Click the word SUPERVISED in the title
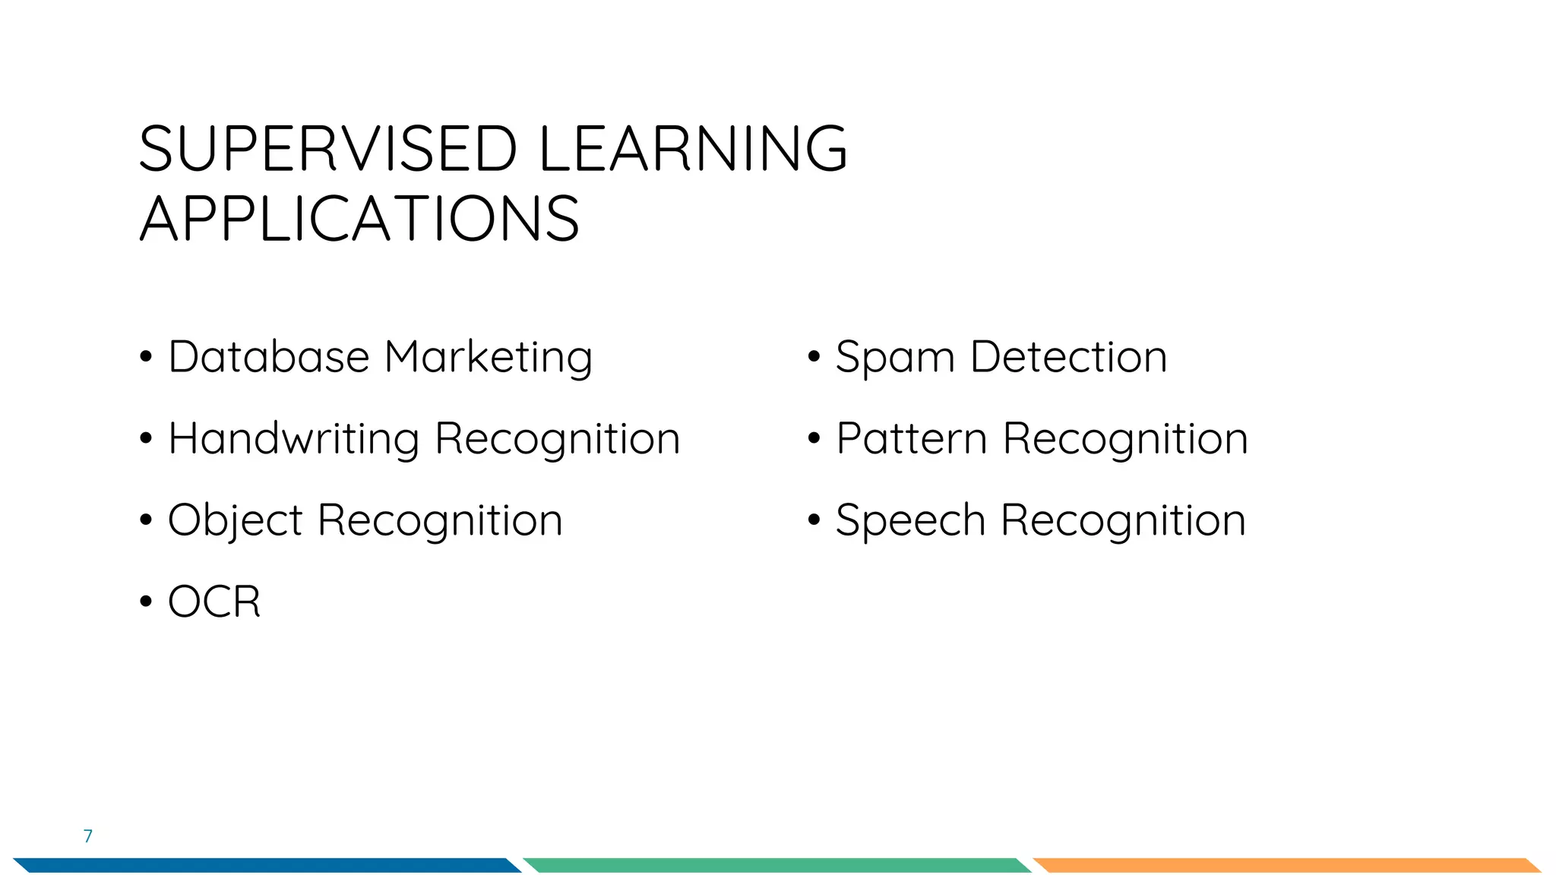pos(328,149)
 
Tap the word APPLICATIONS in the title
pos(359,220)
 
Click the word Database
pos(268,357)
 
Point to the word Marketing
pos(488,359)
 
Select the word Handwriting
pos(293,440)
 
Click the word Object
pos(235,522)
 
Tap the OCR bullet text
pos(214,602)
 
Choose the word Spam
pos(894,359)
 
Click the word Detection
pos(1068,357)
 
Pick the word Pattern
pos(911,439)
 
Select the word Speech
pos(910,522)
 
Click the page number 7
pos(88,836)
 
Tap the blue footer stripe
pos(266,865)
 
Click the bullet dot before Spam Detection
pos(814,357)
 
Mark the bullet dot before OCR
pos(146,602)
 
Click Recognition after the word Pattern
pos(1125,440)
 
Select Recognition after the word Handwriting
pos(557,440)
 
